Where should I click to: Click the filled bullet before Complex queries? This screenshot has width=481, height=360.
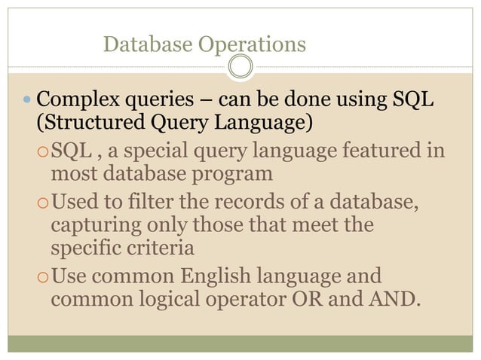(x=28, y=99)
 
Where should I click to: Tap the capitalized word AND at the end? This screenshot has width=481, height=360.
(x=389, y=297)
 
